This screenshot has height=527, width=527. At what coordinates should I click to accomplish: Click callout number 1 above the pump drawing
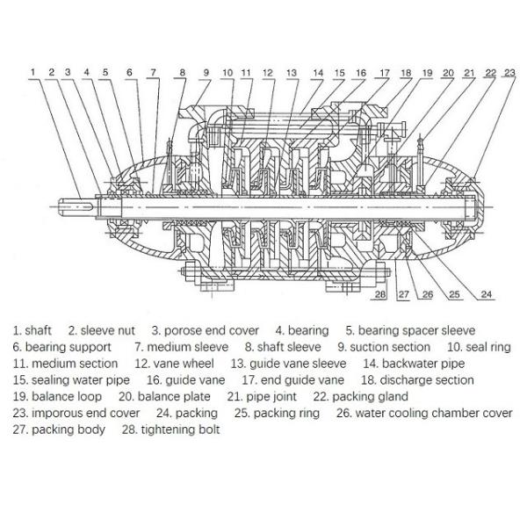(32, 71)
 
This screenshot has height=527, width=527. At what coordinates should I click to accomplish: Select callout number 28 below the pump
(379, 295)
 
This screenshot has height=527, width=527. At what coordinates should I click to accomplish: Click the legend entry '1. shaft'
(32, 330)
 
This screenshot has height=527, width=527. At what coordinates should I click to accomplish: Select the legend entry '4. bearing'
(302, 330)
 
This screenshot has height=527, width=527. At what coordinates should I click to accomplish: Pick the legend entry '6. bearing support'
(61, 347)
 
